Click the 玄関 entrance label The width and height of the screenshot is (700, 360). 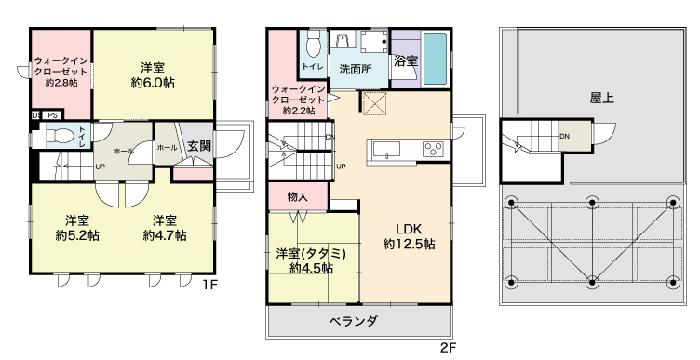(x=199, y=146)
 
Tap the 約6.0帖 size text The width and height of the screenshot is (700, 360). (x=153, y=83)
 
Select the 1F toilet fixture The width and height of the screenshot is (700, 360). (x=61, y=136)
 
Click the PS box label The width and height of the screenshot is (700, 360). (x=53, y=115)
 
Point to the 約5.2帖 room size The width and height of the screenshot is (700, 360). (x=77, y=235)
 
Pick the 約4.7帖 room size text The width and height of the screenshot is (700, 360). (x=165, y=235)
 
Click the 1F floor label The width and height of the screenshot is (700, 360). (x=209, y=285)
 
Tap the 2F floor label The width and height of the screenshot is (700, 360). (x=449, y=347)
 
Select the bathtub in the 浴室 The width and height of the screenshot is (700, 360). (x=435, y=59)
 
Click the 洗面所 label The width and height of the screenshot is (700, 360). (x=356, y=69)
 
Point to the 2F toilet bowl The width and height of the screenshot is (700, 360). (x=314, y=45)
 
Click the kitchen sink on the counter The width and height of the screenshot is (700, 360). (x=386, y=150)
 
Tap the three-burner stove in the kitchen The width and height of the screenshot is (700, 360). (x=433, y=150)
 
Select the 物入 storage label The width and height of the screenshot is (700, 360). (x=297, y=196)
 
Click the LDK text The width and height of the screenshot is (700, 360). (x=409, y=229)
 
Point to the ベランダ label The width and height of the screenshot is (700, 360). (x=354, y=321)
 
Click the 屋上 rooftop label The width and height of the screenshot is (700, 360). (x=601, y=99)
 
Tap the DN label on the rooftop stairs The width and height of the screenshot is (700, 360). (x=565, y=136)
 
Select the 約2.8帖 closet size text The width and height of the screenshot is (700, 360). (x=61, y=83)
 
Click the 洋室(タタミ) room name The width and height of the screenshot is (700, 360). (x=311, y=254)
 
